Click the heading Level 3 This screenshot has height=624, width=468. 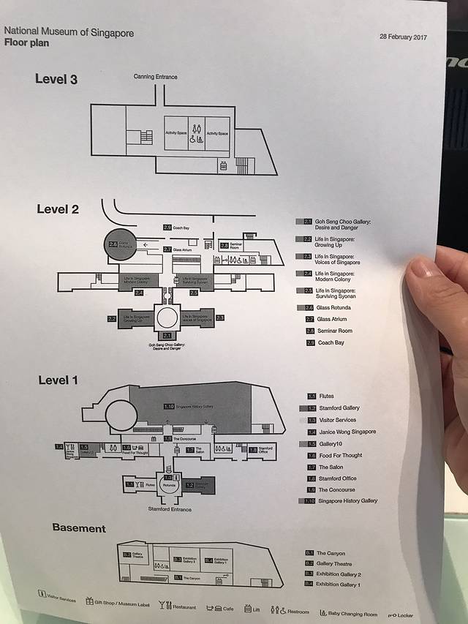[x=56, y=79]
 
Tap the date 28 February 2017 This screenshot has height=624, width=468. [x=403, y=37]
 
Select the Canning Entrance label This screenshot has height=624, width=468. [x=155, y=77]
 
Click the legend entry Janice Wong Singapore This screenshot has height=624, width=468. [x=347, y=432]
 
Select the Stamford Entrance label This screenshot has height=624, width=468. [x=170, y=508]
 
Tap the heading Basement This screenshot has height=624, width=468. [x=78, y=528]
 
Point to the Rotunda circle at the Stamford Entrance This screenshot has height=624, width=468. [x=170, y=484]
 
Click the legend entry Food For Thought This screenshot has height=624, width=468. [x=340, y=455]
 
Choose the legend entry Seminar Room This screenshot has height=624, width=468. [x=334, y=331]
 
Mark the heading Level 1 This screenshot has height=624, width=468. [x=58, y=380]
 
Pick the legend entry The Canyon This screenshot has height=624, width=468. [x=331, y=554]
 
